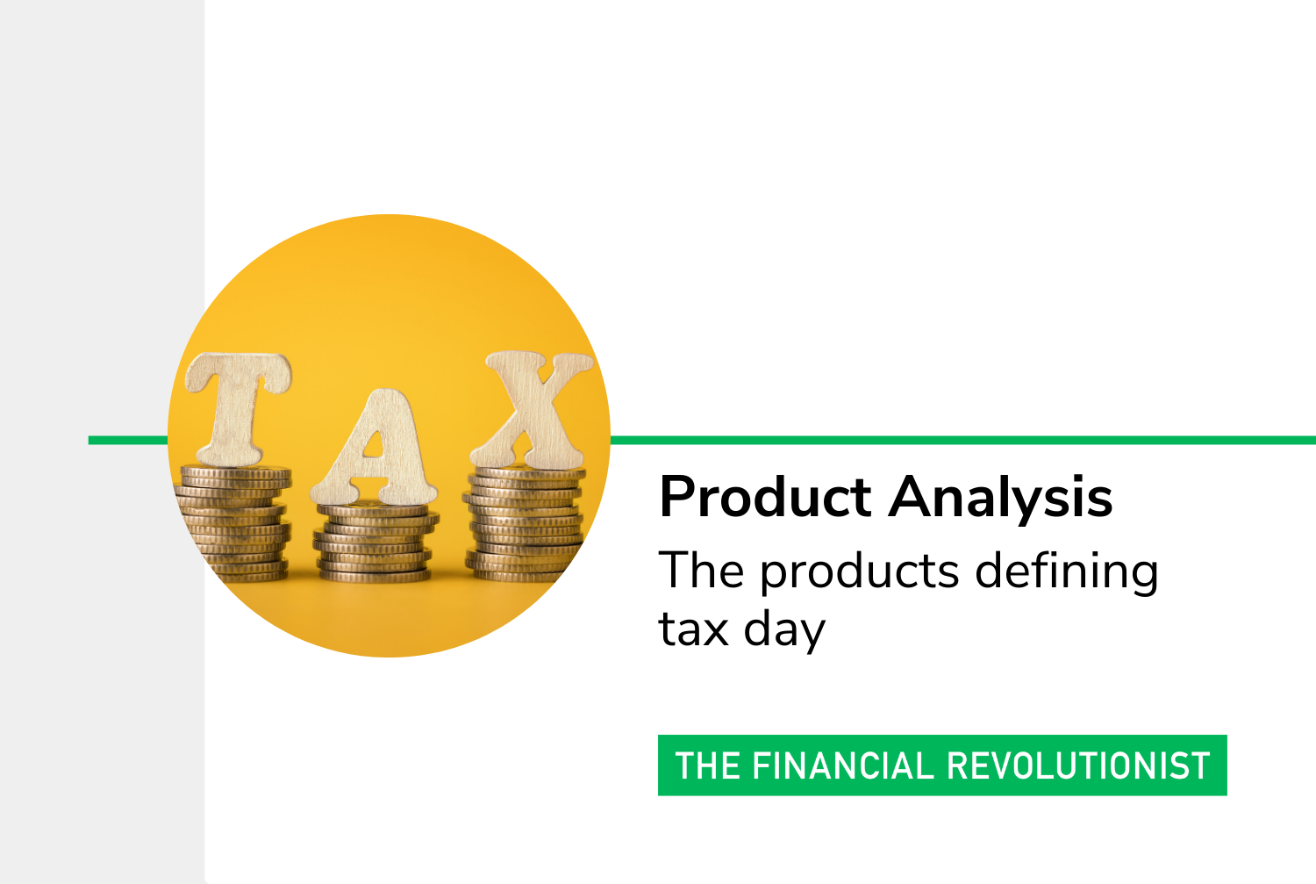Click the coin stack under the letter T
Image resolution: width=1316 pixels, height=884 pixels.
(x=234, y=523)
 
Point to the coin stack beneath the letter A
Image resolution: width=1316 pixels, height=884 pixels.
(x=375, y=542)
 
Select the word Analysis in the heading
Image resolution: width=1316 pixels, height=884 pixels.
(x=1000, y=499)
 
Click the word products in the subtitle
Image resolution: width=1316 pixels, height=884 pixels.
(x=860, y=571)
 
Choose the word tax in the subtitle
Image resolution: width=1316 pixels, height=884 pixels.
(x=694, y=629)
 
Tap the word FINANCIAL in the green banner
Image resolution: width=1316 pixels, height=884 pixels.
(x=843, y=765)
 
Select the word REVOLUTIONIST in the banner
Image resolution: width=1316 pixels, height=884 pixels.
(x=1078, y=765)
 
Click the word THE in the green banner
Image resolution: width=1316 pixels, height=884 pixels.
(x=708, y=765)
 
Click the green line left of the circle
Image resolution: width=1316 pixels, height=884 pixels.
(x=128, y=440)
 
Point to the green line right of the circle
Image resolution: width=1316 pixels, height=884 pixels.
(x=963, y=440)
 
